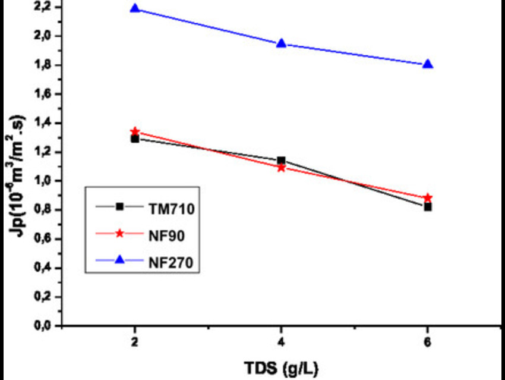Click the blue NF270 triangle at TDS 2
click(x=135, y=9)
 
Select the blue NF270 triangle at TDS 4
click(x=281, y=43)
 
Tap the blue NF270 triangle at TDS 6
click(x=427, y=64)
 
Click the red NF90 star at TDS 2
click(x=135, y=131)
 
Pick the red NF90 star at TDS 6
click(x=427, y=197)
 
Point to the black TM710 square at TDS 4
click(x=281, y=161)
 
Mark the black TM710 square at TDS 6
click(x=427, y=207)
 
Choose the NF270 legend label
click(x=167, y=260)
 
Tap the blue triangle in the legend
click(x=119, y=260)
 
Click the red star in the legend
click(x=119, y=234)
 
